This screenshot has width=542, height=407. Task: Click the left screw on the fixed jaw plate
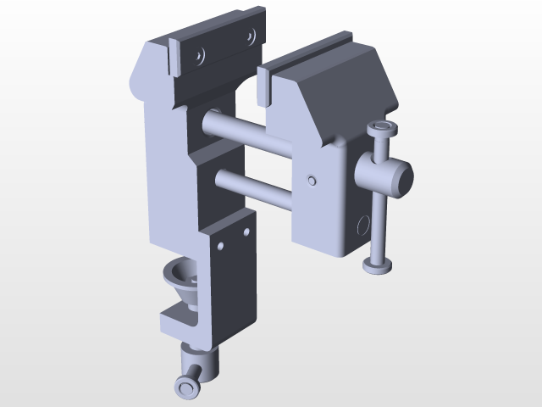[x=199, y=56]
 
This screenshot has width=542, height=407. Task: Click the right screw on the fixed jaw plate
[x=251, y=36]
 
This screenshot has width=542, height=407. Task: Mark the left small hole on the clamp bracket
[x=220, y=246]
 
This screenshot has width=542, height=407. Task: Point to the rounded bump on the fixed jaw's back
[x=135, y=85]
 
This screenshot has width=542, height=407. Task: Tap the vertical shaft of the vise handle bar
[x=379, y=220]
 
